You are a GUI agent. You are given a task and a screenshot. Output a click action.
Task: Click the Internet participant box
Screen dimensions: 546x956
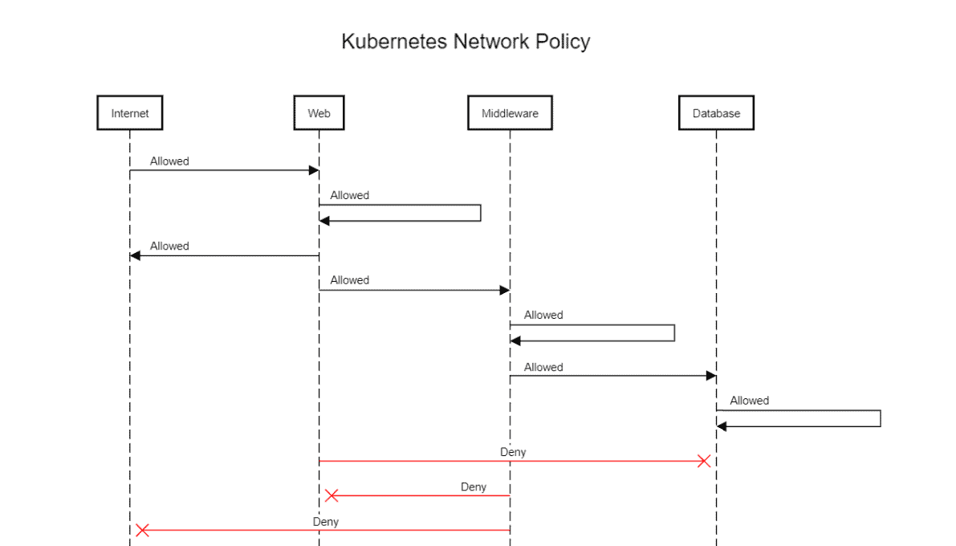pyautogui.click(x=129, y=113)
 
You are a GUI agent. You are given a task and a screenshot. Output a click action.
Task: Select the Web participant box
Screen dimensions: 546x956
pyautogui.click(x=319, y=113)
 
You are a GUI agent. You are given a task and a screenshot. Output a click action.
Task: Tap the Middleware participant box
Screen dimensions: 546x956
pyautogui.click(x=510, y=113)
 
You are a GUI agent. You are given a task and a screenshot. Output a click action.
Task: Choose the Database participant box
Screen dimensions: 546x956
pyautogui.click(x=716, y=113)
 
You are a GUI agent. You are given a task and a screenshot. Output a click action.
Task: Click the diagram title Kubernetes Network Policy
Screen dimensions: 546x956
pyautogui.click(x=466, y=42)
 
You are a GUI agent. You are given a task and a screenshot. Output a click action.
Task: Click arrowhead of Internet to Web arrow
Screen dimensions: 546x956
pyautogui.click(x=315, y=170)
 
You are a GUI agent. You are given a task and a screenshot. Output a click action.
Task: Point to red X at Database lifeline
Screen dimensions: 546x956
pyautogui.click(x=704, y=461)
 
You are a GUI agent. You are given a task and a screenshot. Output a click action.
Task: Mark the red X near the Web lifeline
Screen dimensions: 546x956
pyautogui.click(x=331, y=495)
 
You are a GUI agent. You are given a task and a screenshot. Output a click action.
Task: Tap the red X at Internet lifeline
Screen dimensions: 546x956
pyautogui.click(x=142, y=530)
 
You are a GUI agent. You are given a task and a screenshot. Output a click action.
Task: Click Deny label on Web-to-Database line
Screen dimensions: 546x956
pyautogui.click(x=513, y=452)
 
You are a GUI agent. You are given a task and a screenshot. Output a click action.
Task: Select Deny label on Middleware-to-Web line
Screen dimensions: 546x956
pyautogui.click(x=474, y=487)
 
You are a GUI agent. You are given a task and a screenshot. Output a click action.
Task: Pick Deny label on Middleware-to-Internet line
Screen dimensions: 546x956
pyautogui.click(x=325, y=521)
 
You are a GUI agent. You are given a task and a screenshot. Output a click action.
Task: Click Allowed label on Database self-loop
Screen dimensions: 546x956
pyautogui.click(x=749, y=401)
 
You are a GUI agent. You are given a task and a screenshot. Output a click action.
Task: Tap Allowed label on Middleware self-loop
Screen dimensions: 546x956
pyautogui.click(x=543, y=315)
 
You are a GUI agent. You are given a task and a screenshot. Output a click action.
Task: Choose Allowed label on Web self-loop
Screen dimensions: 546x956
pyautogui.click(x=349, y=195)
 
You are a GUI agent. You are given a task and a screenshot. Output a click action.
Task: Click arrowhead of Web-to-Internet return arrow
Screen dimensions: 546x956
pyautogui.click(x=135, y=255)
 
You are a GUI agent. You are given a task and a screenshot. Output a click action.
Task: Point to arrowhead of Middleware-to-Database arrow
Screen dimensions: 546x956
pyautogui.click(x=710, y=376)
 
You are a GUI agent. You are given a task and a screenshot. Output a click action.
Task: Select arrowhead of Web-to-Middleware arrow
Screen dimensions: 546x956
pyautogui.click(x=505, y=290)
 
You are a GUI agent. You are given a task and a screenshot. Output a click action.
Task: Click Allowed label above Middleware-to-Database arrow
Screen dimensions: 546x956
pyautogui.click(x=543, y=367)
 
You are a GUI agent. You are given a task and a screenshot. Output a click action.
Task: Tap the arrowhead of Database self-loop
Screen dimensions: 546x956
pyautogui.click(x=722, y=427)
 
